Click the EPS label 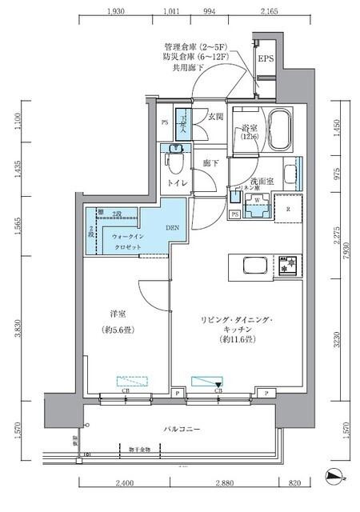[266, 60]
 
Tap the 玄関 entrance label [215, 117]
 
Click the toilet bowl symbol [178, 165]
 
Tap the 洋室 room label [110, 315]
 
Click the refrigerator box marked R [288, 210]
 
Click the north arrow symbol [333, 477]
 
